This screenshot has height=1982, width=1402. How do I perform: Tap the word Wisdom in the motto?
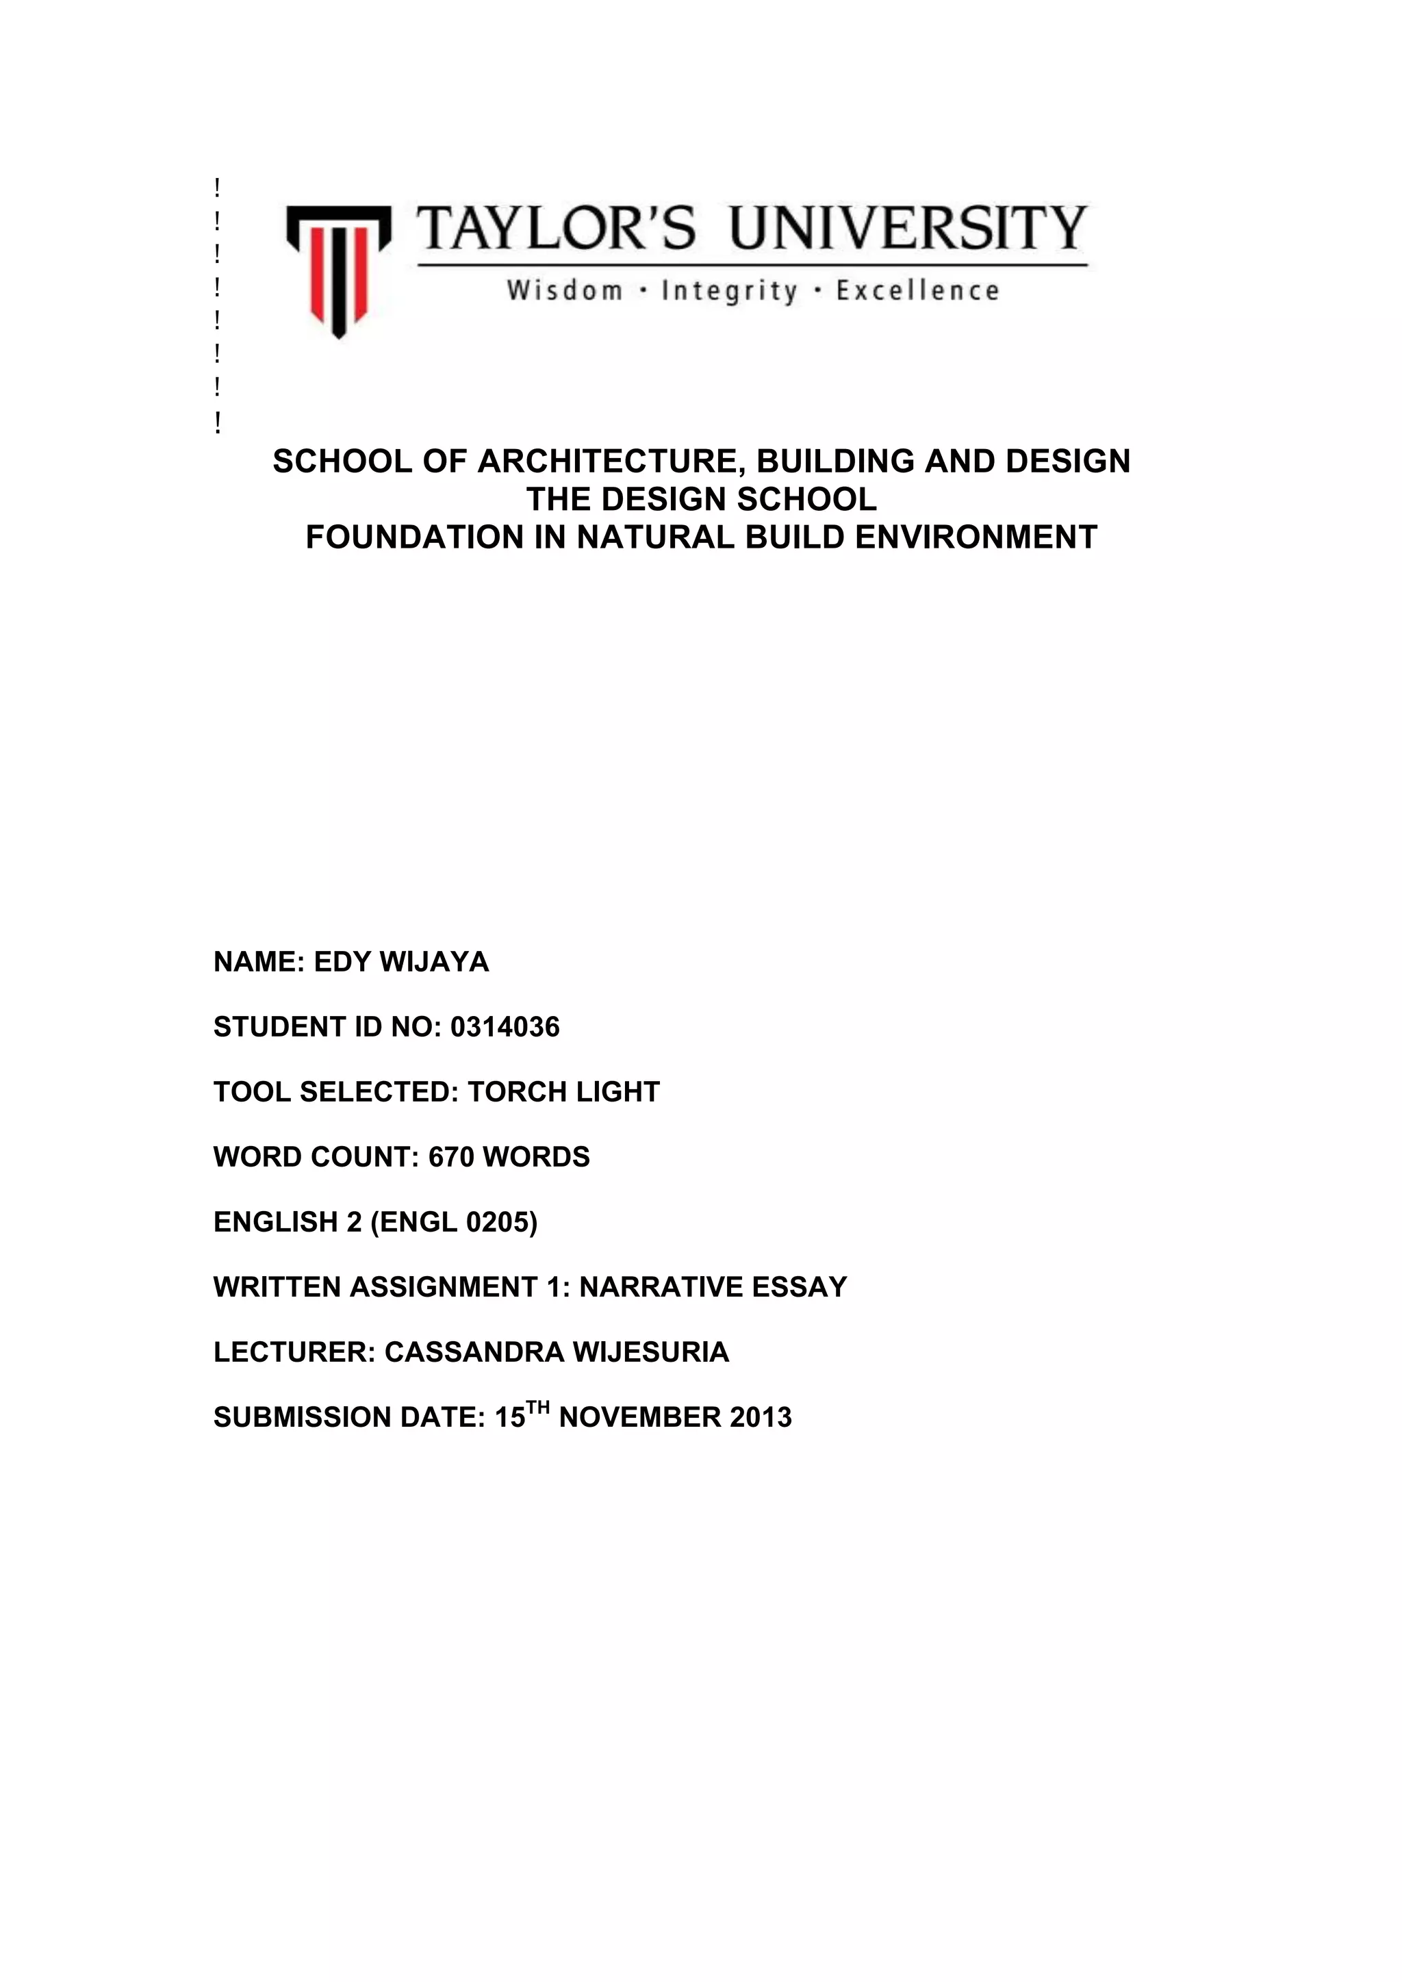[x=565, y=291]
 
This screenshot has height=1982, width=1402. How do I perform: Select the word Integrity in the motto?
[x=730, y=291]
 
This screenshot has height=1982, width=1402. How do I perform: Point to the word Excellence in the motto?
[x=918, y=291]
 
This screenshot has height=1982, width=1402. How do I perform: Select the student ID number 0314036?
[x=505, y=1027]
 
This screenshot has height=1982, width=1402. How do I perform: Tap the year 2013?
[x=761, y=1417]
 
